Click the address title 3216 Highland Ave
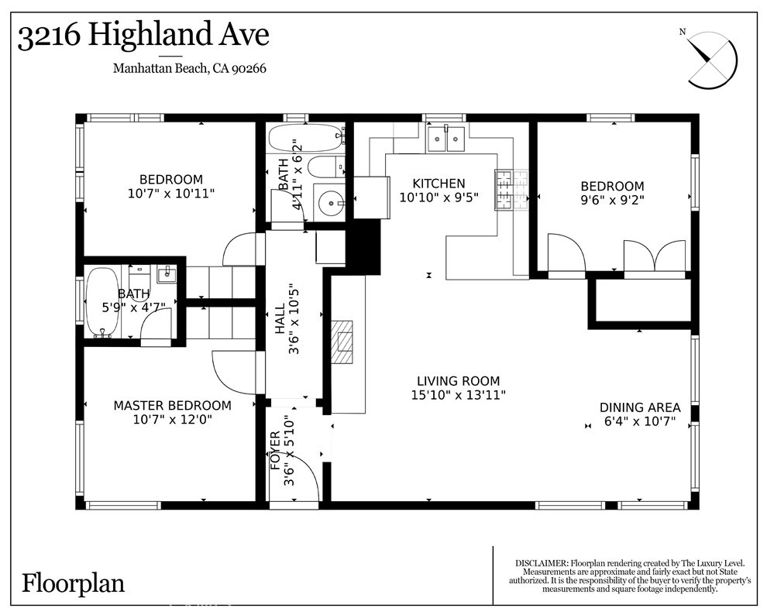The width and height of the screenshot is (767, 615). [143, 36]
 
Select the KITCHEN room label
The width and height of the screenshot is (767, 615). [439, 184]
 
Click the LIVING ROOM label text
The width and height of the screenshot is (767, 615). [458, 381]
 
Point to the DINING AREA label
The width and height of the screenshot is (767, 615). [640, 407]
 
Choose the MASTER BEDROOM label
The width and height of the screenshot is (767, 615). [172, 405]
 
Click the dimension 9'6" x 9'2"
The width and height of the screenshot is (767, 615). [612, 200]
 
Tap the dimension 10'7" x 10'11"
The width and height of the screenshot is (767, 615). [170, 194]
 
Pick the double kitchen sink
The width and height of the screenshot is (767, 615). [447, 139]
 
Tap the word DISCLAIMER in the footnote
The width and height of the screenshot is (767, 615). [541, 563]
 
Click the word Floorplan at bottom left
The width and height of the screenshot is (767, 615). [73, 582]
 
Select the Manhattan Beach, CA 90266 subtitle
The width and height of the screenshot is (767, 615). [190, 68]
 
